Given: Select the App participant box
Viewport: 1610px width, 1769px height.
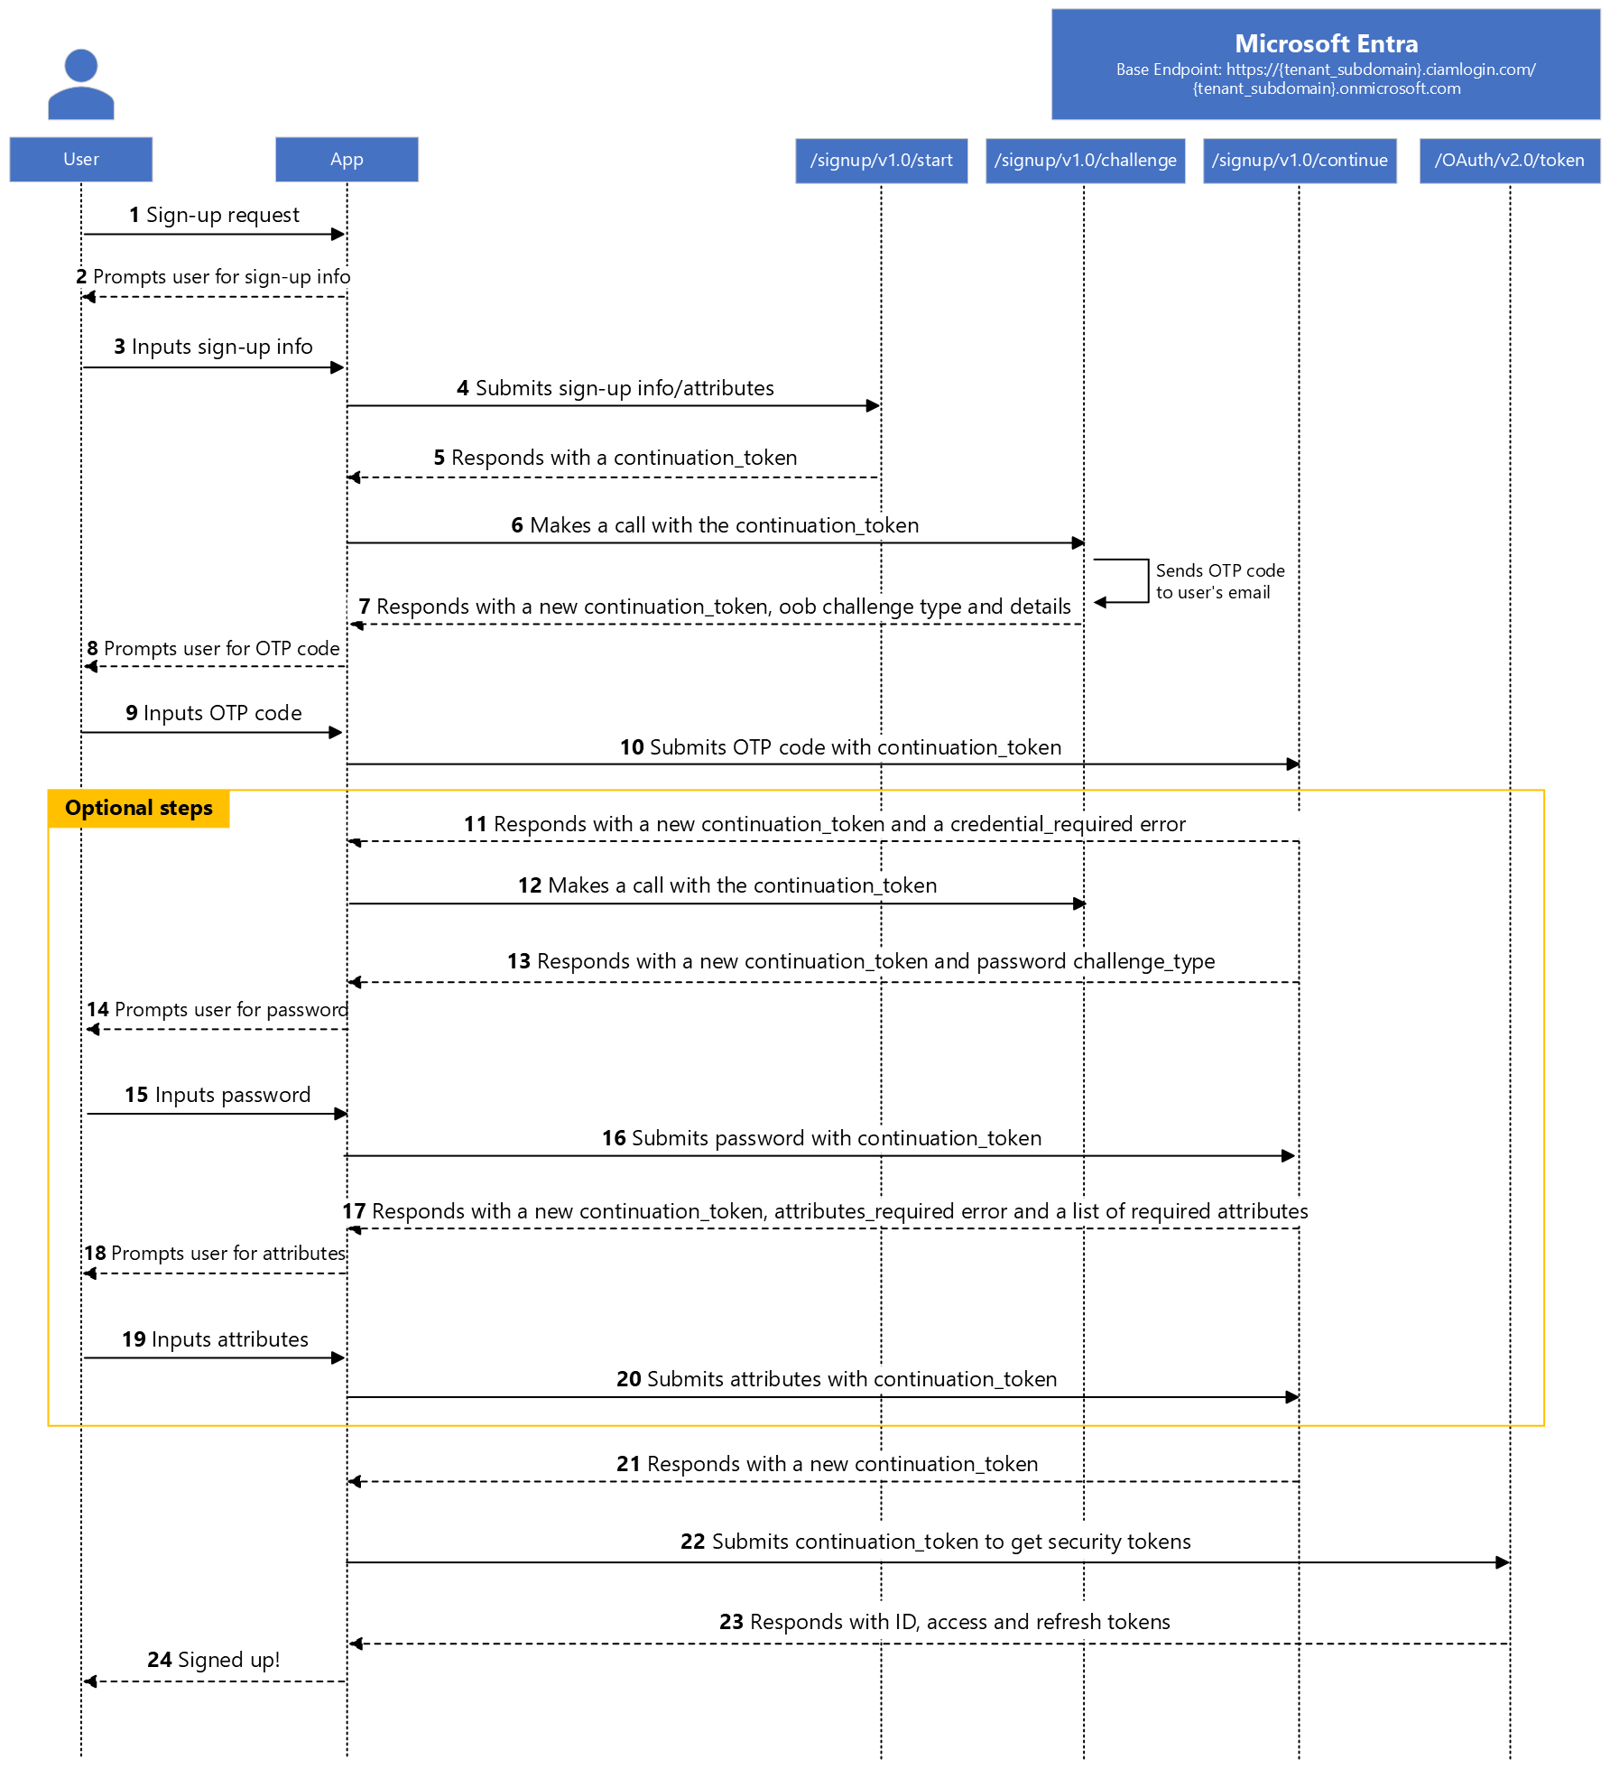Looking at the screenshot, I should click(x=347, y=160).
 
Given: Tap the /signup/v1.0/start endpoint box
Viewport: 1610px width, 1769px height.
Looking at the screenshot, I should click(x=881, y=161).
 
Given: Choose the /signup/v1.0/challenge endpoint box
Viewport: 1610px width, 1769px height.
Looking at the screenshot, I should click(x=1085, y=161).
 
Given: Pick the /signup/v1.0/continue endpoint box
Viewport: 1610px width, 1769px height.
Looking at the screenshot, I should click(x=1300, y=161).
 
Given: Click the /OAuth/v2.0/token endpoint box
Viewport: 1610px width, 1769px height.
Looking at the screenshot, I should click(x=1509, y=161).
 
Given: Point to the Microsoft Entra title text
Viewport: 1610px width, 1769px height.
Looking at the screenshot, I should click(x=1326, y=43).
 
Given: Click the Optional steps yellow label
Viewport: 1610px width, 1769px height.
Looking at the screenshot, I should click(x=139, y=808).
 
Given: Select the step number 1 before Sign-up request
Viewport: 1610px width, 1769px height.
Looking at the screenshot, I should click(x=134, y=215).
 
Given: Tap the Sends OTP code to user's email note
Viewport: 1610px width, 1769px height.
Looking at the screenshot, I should click(x=1219, y=581).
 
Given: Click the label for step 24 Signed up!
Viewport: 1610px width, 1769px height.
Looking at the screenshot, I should click(x=213, y=1660).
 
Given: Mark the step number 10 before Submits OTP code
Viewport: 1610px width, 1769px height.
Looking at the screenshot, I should click(x=632, y=747).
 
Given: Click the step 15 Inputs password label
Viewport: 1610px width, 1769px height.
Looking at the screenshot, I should click(x=217, y=1095).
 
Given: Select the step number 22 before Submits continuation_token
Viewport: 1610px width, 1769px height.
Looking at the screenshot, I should click(x=692, y=1542).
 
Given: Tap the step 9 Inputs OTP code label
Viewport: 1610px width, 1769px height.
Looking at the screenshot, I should click(x=214, y=713).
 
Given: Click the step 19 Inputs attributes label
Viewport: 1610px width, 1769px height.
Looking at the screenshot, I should click(x=215, y=1339).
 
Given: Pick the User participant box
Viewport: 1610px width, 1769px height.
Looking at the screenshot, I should click(x=81, y=160).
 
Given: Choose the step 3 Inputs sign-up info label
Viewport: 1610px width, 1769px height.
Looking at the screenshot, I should click(x=213, y=347).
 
